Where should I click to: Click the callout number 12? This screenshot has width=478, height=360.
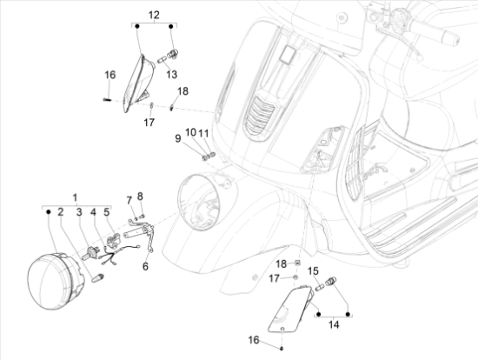click(x=154, y=15)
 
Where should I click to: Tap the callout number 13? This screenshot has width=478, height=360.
click(x=171, y=74)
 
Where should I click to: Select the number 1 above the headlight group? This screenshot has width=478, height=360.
click(x=75, y=197)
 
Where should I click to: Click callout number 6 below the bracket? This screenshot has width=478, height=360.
click(x=145, y=266)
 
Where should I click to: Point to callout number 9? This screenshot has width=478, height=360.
click(x=178, y=138)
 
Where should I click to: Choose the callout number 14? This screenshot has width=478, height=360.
click(x=334, y=324)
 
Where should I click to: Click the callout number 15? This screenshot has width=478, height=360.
click(x=313, y=271)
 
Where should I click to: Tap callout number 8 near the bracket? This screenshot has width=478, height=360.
click(x=140, y=197)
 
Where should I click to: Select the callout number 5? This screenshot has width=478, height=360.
click(x=106, y=211)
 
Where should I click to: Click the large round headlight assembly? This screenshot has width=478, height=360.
click(x=55, y=281)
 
